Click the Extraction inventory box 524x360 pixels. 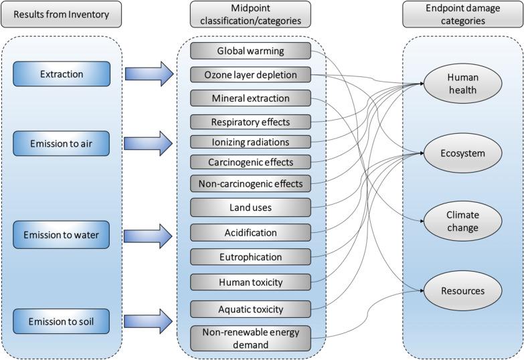61,74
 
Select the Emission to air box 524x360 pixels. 61,143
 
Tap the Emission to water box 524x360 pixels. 61,235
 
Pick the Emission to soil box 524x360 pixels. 61,322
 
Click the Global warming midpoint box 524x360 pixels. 250,51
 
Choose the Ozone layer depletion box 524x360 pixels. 250,74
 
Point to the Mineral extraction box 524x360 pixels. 250,98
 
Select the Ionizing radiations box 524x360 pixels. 250,142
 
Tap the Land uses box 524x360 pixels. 250,207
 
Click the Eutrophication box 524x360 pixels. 250,257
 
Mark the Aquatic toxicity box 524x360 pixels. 250,309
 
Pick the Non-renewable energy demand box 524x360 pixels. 250,338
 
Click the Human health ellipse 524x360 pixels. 462,84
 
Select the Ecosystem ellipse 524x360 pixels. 462,153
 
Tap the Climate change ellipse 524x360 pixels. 462,221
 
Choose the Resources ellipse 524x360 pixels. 462,291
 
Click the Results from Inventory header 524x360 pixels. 61,14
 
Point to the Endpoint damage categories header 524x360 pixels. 462,14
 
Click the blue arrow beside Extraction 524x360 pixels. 148,74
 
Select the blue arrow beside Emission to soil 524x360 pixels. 148,321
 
